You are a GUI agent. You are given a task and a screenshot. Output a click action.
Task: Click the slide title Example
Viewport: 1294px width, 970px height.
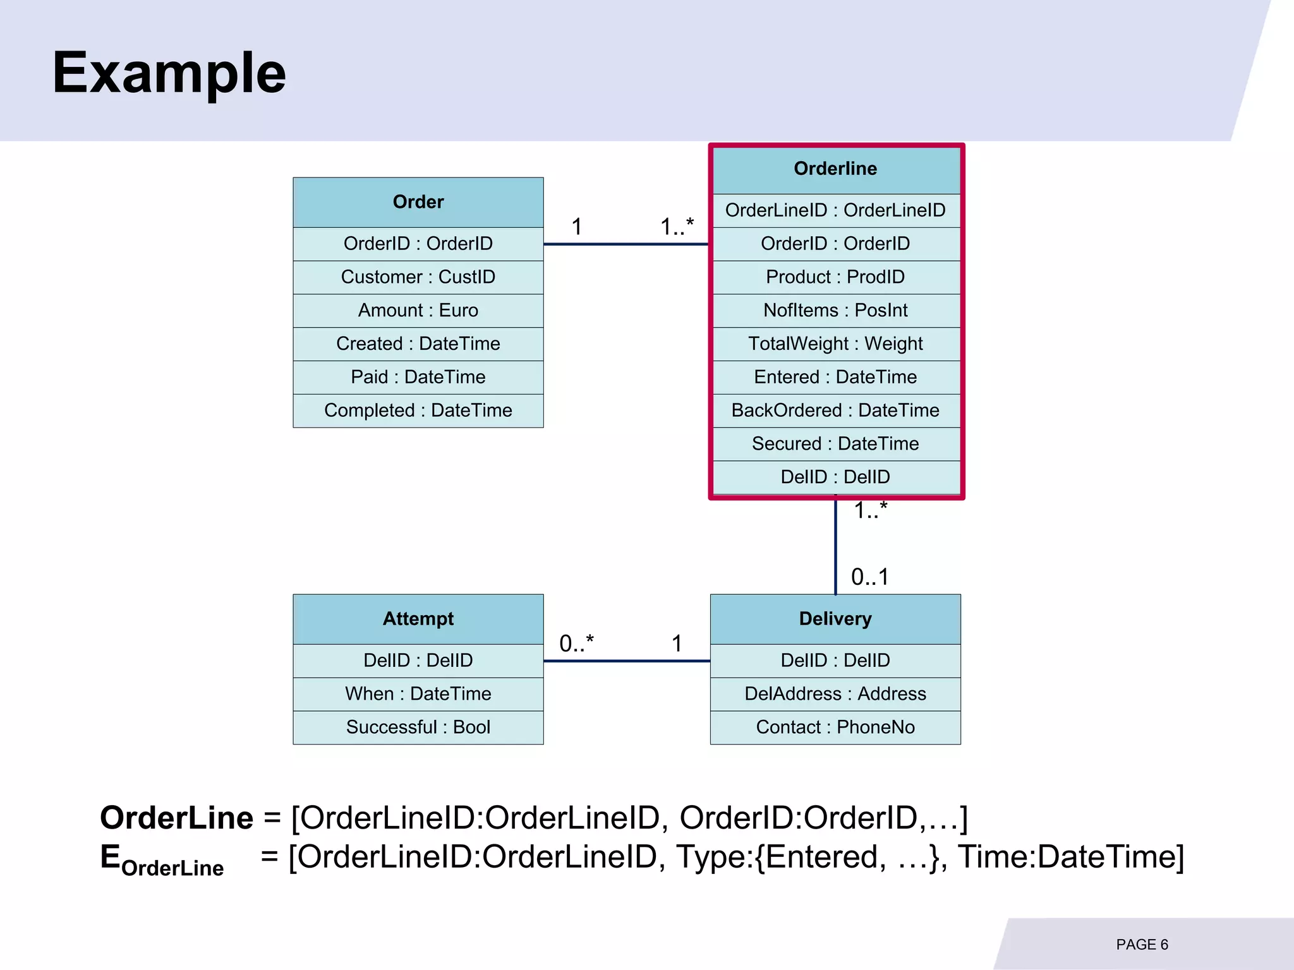click(169, 73)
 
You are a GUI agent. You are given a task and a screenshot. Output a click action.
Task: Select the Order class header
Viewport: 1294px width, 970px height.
click(418, 202)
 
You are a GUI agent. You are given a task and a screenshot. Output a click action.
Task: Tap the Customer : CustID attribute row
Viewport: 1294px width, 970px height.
click(418, 277)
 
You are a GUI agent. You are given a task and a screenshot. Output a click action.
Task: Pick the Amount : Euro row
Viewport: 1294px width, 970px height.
click(418, 310)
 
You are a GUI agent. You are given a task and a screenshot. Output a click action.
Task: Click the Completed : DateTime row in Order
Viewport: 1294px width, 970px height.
click(418, 410)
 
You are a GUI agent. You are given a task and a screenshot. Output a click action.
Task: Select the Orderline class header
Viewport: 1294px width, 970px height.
click(835, 169)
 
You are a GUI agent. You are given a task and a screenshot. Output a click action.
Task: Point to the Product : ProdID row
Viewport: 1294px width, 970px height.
click(835, 277)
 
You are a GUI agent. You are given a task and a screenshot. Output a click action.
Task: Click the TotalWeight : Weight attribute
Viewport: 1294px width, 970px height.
click(835, 344)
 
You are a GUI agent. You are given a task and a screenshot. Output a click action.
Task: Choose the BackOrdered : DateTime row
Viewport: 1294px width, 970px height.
click(835, 410)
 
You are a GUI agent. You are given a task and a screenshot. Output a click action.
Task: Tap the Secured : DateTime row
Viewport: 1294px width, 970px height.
click(835, 444)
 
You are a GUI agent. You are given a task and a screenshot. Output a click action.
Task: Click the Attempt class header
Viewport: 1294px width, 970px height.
click(418, 619)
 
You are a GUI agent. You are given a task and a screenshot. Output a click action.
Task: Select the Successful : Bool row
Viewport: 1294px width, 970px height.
click(418, 727)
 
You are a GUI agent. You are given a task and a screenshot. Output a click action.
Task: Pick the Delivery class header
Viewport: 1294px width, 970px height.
click(835, 619)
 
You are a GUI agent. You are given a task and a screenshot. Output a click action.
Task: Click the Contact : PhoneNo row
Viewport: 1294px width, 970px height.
click(835, 727)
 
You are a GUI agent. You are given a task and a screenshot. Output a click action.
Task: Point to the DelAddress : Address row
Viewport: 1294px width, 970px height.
click(835, 693)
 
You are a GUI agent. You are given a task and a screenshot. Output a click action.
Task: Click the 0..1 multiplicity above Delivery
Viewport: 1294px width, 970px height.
click(869, 577)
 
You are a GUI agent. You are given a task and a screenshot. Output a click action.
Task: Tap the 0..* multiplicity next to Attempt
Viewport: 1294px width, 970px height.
click(576, 644)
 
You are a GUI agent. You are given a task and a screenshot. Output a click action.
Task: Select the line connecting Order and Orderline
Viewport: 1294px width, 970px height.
click(626, 244)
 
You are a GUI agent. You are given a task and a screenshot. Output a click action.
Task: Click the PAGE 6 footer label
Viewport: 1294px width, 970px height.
click(1142, 945)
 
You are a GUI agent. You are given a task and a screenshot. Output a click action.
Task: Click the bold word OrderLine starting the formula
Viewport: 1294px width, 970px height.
click(176, 818)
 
